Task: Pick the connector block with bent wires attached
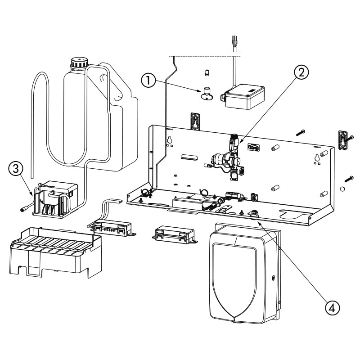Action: [x=112, y=225]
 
